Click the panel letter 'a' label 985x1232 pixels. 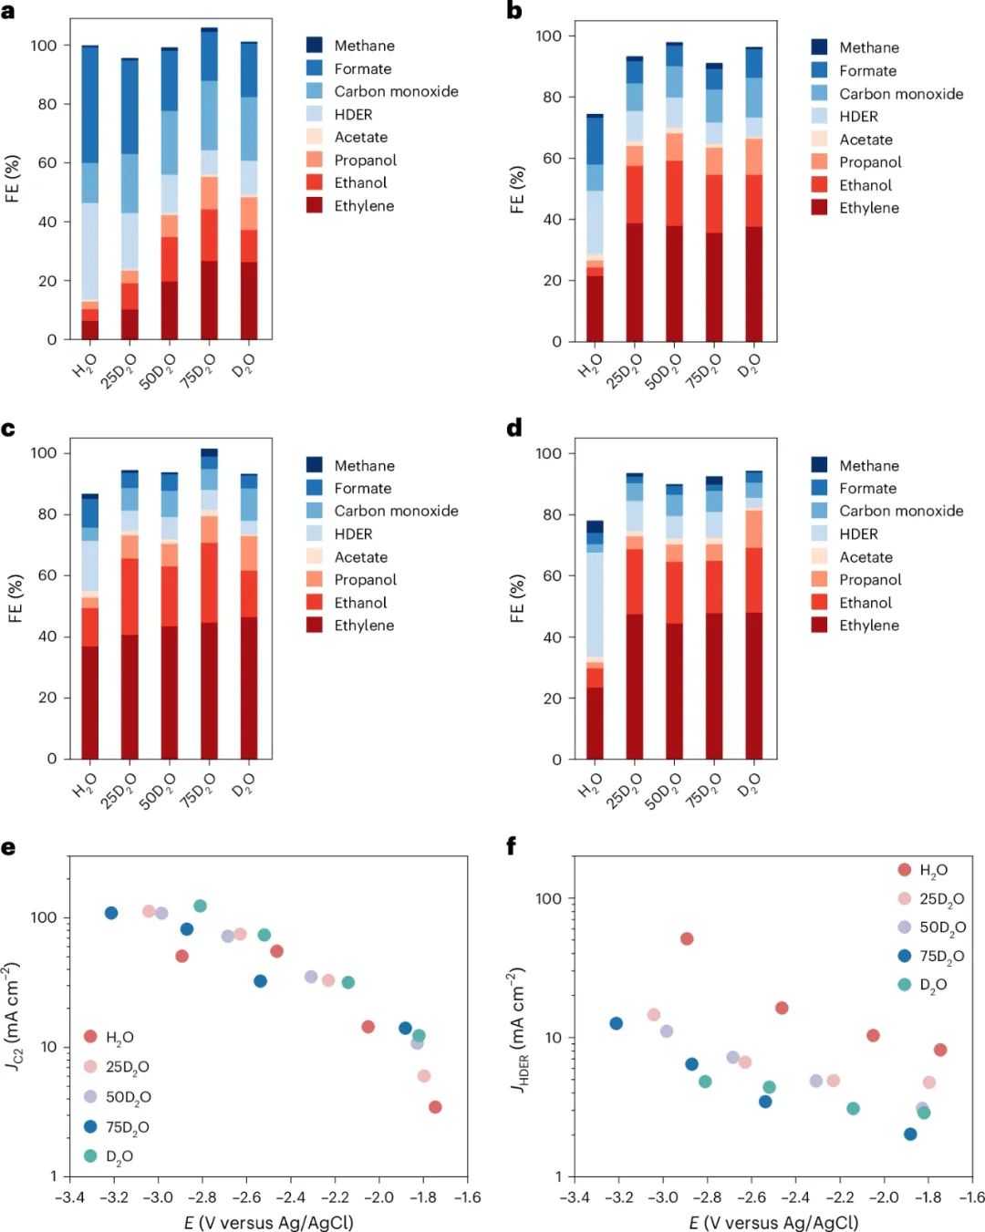click(x=8, y=13)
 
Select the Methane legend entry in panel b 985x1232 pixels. click(x=868, y=47)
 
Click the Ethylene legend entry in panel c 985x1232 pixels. click(x=363, y=626)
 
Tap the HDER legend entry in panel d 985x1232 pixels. click(x=858, y=534)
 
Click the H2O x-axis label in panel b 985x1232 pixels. click(x=591, y=366)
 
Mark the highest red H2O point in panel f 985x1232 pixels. click(x=687, y=938)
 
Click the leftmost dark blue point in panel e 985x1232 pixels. click(x=111, y=913)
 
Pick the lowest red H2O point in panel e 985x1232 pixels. click(x=435, y=1107)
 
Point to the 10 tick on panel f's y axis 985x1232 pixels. click(x=552, y=1038)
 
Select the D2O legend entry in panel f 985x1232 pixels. click(x=932, y=985)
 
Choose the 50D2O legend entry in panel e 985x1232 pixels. click(x=128, y=1097)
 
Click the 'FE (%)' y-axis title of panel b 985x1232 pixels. click(x=517, y=190)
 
